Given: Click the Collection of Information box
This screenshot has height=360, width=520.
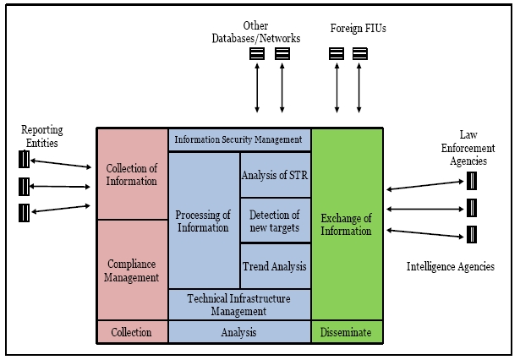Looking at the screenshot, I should pyautogui.click(x=132, y=174).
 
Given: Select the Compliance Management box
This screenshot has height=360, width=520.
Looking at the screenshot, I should pyautogui.click(x=132, y=270).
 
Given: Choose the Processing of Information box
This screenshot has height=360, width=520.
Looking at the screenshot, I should pyautogui.click(x=204, y=221).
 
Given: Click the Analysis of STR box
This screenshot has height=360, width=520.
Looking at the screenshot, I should pyautogui.click(x=276, y=175).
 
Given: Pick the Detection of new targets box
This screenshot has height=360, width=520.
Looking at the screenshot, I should pyautogui.click(x=276, y=221).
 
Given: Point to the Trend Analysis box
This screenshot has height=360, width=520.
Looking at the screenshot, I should pyautogui.click(x=276, y=266).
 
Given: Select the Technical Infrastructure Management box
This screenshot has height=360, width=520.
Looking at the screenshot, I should pyautogui.click(x=240, y=304).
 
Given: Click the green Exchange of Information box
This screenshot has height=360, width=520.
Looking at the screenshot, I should pyautogui.click(x=348, y=224).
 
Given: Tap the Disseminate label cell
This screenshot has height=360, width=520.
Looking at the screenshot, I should pyautogui.click(x=348, y=332).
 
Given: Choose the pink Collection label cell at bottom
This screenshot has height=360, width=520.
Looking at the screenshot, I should pyautogui.click(x=132, y=332).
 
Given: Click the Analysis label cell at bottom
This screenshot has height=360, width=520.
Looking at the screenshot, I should pyautogui.click(x=240, y=332).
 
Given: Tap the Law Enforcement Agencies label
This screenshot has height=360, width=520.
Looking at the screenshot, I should pyautogui.click(x=470, y=149).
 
